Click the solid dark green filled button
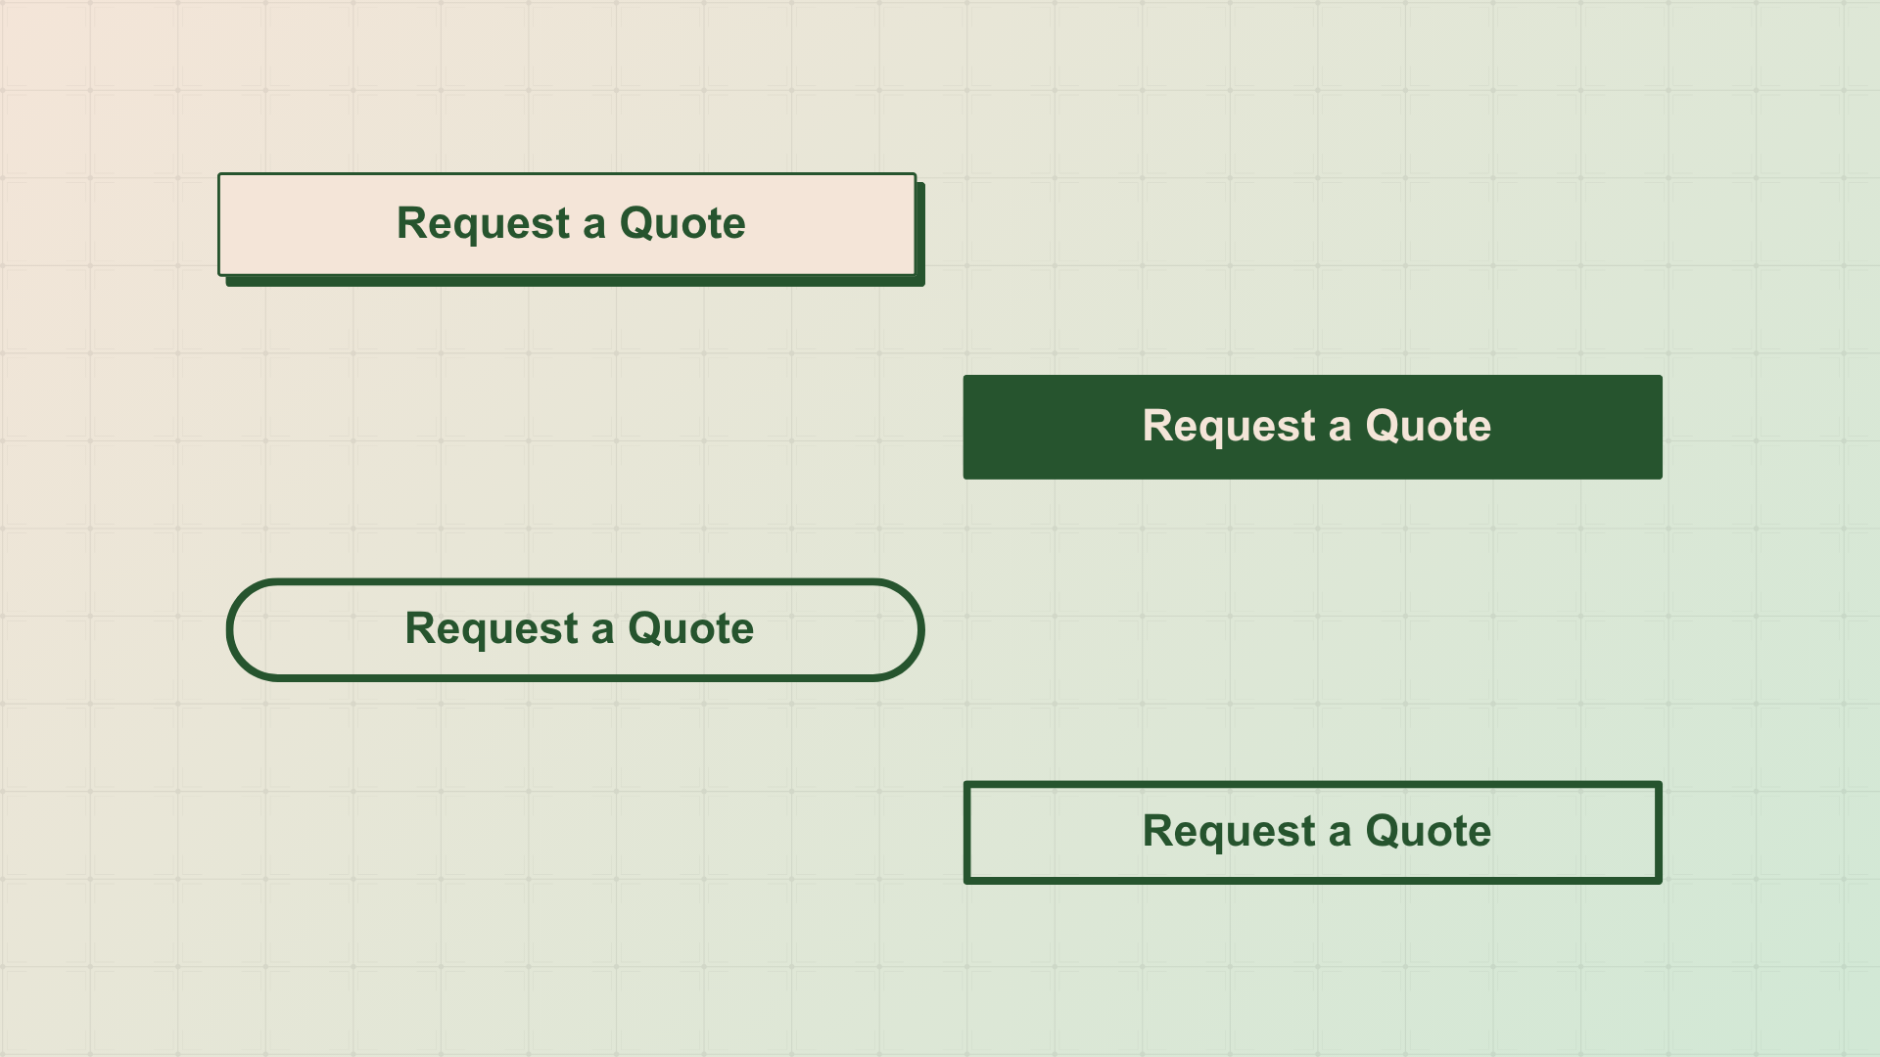(x=1312, y=427)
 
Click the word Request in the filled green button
(x=1229, y=428)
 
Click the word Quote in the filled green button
(x=1429, y=426)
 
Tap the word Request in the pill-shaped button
(x=492, y=630)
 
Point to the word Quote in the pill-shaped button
(x=691, y=628)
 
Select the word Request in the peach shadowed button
(x=483, y=225)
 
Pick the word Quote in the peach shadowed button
(x=682, y=223)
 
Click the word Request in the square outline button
(x=1229, y=833)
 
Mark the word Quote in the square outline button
(x=1429, y=831)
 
